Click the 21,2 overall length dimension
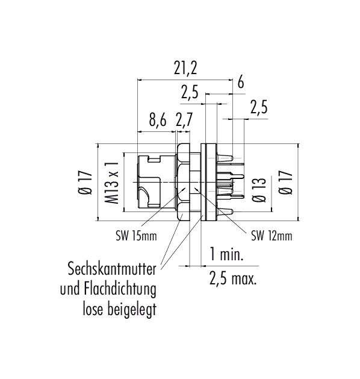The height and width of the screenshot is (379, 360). (185, 69)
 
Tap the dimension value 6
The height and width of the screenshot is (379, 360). (240, 83)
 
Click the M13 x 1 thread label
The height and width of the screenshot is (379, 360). (111, 183)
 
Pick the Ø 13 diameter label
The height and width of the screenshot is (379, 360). (259, 190)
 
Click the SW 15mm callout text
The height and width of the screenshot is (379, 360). (137, 236)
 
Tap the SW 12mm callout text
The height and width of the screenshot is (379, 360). (272, 236)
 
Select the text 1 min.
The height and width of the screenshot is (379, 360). (226, 254)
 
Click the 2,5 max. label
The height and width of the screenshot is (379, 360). (233, 278)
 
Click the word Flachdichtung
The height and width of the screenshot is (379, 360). (120, 290)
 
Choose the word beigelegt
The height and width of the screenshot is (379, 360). (132, 310)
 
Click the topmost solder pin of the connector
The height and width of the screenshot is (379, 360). (225, 158)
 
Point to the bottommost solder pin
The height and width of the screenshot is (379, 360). (225, 211)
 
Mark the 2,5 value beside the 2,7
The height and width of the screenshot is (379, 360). (190, 93)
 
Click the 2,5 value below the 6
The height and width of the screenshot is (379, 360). (259, 108)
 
